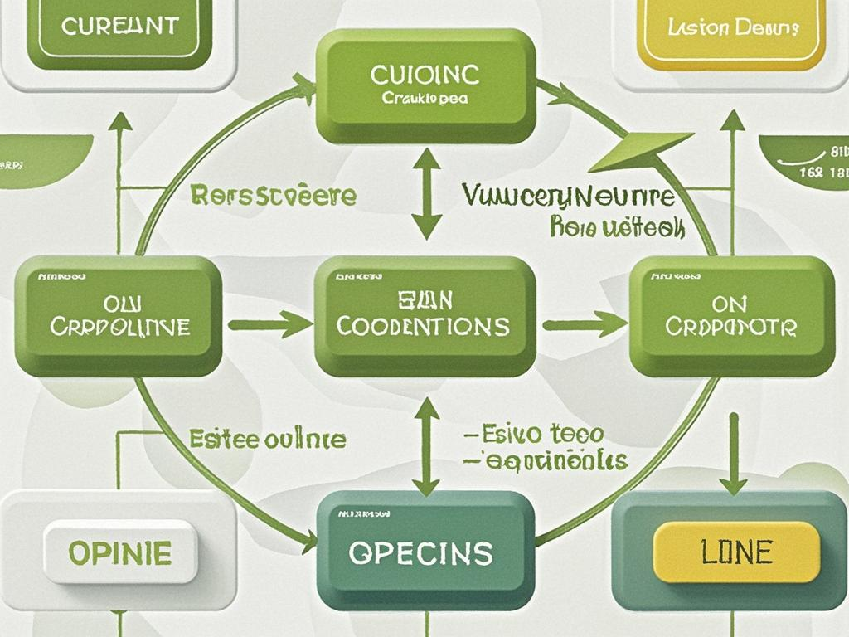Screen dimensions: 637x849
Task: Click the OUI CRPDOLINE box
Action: pyautogui.click(x=119, y=315)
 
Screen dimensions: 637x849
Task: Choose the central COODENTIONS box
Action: pyautogui.click(x=424, y=315)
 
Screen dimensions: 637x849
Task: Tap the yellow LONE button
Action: pyautogui.click(x=736, y=552)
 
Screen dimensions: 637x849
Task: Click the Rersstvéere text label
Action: pyautogui.click(x=273, y=197)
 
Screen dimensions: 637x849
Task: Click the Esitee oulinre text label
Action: pyautogui.click(x=267, y=439)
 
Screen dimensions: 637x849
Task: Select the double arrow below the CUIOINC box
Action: pyautogui.click(x=427, y=193)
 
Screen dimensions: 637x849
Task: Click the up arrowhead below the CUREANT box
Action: pyautogui.click(x=121, y=122)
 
